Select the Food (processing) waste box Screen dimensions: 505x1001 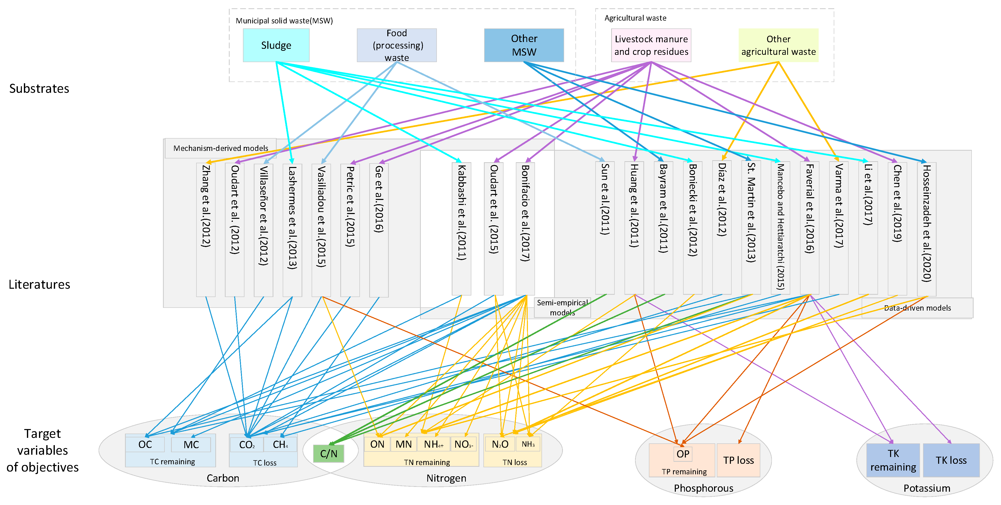tap(396, 45)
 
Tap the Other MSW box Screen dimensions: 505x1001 tap(524, 45)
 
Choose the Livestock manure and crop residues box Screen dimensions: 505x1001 tap(651, 45)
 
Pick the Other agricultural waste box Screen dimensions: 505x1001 tap(778, 45)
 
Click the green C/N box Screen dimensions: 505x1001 tap(328, 453)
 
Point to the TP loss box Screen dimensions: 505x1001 tap(738, 460)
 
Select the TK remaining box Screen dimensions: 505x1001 tap(893, 460)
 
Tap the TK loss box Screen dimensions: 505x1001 tap(951, 460)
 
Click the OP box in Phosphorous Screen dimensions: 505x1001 tap(683, 454)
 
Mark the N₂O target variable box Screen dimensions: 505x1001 tap(500, 444)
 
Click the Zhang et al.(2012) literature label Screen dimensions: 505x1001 tap(205, 206)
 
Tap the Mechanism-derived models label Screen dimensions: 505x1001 tap(220, 148)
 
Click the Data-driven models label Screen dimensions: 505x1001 tap(917, 308)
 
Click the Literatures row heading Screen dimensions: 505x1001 tap(39, 284)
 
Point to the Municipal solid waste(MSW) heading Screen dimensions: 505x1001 tap(284, 21)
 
